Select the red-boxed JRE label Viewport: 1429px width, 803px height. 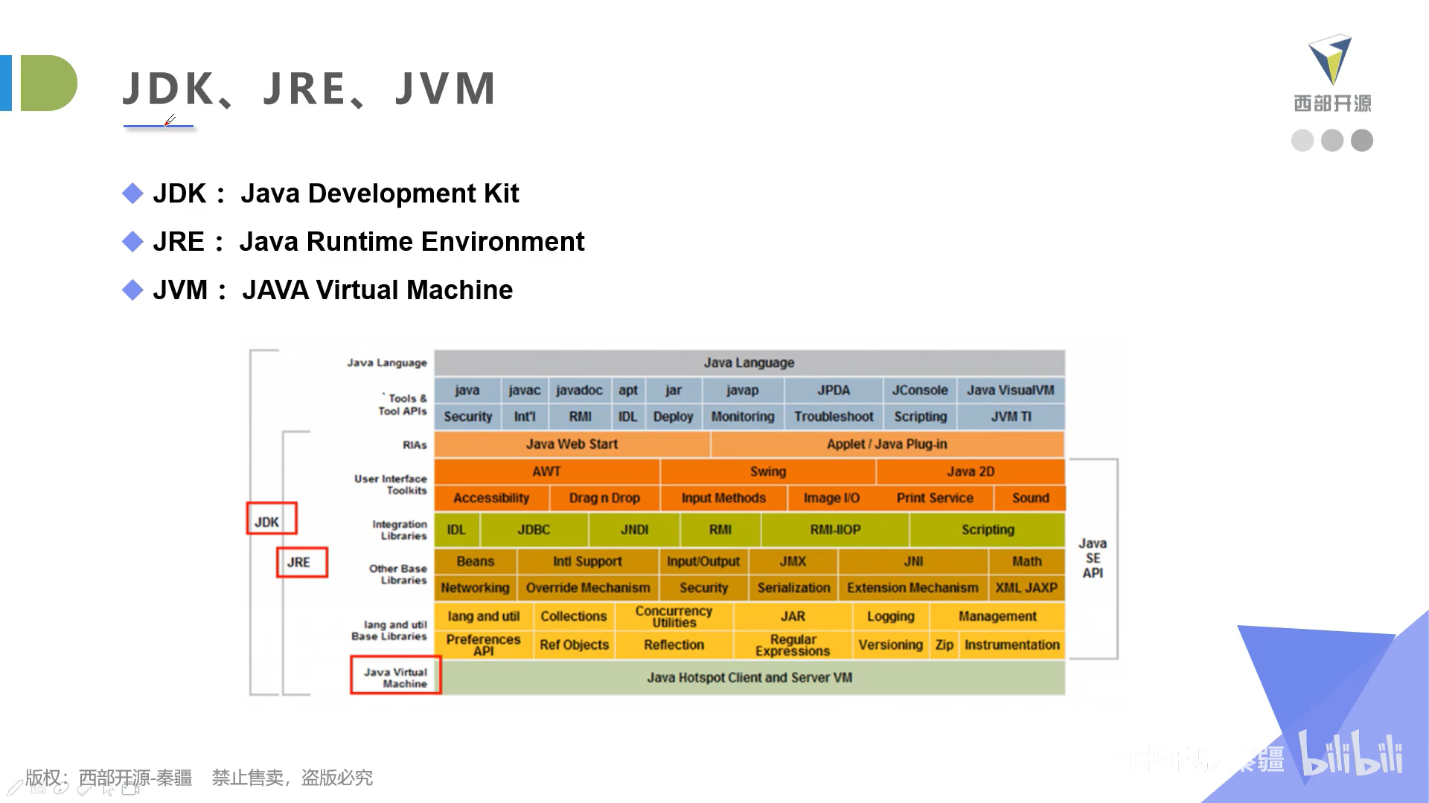click(301, 562)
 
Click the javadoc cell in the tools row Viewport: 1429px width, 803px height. click(579, 390)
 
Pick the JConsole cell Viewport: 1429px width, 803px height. click(920, 390)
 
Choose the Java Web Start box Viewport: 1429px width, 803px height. click(572, 444)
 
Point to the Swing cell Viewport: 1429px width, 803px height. click(768, 471)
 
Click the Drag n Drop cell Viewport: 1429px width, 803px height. click(604, 498)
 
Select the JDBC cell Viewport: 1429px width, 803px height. click(534, 529)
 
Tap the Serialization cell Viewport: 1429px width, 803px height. click(793, 588)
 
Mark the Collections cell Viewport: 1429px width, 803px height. click(573, 616)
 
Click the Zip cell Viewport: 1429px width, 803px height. click(944, 644)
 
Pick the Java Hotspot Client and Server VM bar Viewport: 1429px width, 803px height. click(749, 677)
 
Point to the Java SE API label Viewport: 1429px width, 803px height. click(1093, 558)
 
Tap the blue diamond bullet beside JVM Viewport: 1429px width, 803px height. click(132, 289)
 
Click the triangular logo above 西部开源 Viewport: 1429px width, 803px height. click(1330, 60)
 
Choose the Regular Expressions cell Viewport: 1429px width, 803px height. click(793, 644)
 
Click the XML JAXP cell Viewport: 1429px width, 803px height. click(1026, 588)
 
